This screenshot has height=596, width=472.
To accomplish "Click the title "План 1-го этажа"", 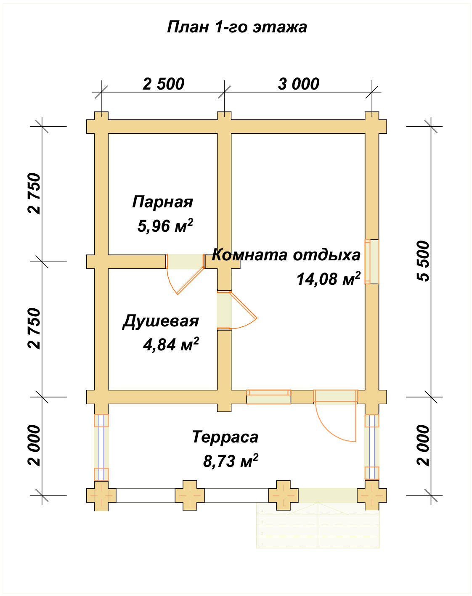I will (x=237, y=27).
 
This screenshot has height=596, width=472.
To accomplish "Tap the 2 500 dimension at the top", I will (x=163, y=84).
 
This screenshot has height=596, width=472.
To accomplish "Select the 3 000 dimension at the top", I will (x=298, y=84).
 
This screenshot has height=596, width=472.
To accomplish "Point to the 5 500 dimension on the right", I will (x=423, y=261).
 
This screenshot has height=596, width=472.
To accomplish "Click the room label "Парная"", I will (x=162, y=202).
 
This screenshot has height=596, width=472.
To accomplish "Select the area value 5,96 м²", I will (x=165, y=226).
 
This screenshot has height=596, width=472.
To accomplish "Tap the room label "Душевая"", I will (x=160, y=321).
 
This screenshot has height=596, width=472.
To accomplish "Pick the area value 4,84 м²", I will (x=170, y=345).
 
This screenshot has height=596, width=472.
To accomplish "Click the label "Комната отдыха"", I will (x=286, y=255).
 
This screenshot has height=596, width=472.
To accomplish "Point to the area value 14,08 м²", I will (x=328, y=279).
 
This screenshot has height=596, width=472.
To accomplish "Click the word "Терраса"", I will (x=225, y=437).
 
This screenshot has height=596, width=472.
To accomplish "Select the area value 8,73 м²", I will (x=231, y=461).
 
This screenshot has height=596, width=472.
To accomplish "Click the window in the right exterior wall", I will (x=372, y=262).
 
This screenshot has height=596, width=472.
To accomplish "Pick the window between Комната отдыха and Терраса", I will (x=268, y=397).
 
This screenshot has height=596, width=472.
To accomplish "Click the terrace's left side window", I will (x=101, y=448).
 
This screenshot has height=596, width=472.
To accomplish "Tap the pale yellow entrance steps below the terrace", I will (x=318, y=526).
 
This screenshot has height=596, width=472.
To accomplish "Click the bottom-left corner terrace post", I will (x=101, y=495).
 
